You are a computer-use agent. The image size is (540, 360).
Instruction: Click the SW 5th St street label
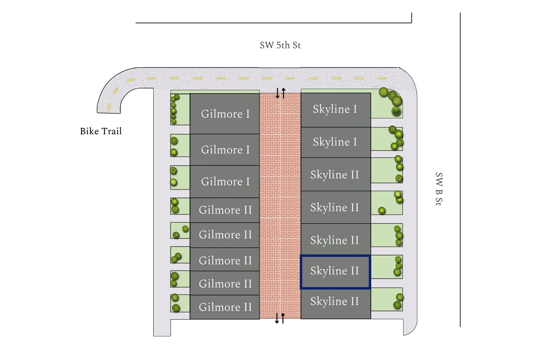280,45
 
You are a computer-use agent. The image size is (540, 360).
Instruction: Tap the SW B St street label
439,190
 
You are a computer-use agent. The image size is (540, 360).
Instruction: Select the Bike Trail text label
100,132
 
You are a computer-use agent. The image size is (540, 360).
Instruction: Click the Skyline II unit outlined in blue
335,271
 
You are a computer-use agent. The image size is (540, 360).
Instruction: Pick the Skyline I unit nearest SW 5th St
335,109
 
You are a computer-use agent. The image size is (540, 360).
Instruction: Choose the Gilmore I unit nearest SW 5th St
225,113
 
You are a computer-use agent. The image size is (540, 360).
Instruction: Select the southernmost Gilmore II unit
225,307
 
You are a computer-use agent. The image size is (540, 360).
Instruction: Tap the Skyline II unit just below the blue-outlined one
335,302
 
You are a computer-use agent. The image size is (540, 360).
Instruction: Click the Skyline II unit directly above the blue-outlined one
335,240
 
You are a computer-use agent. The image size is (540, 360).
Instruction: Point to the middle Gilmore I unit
225,150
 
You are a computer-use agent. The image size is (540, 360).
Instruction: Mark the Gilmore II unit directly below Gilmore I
225,210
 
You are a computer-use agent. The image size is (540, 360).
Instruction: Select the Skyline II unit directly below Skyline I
335,175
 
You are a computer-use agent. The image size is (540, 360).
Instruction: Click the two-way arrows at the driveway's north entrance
280,93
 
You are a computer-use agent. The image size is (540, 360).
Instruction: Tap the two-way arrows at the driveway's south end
280,318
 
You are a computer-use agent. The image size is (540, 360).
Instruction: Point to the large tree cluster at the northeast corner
392,98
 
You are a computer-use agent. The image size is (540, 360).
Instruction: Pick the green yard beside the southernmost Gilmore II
180,303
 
